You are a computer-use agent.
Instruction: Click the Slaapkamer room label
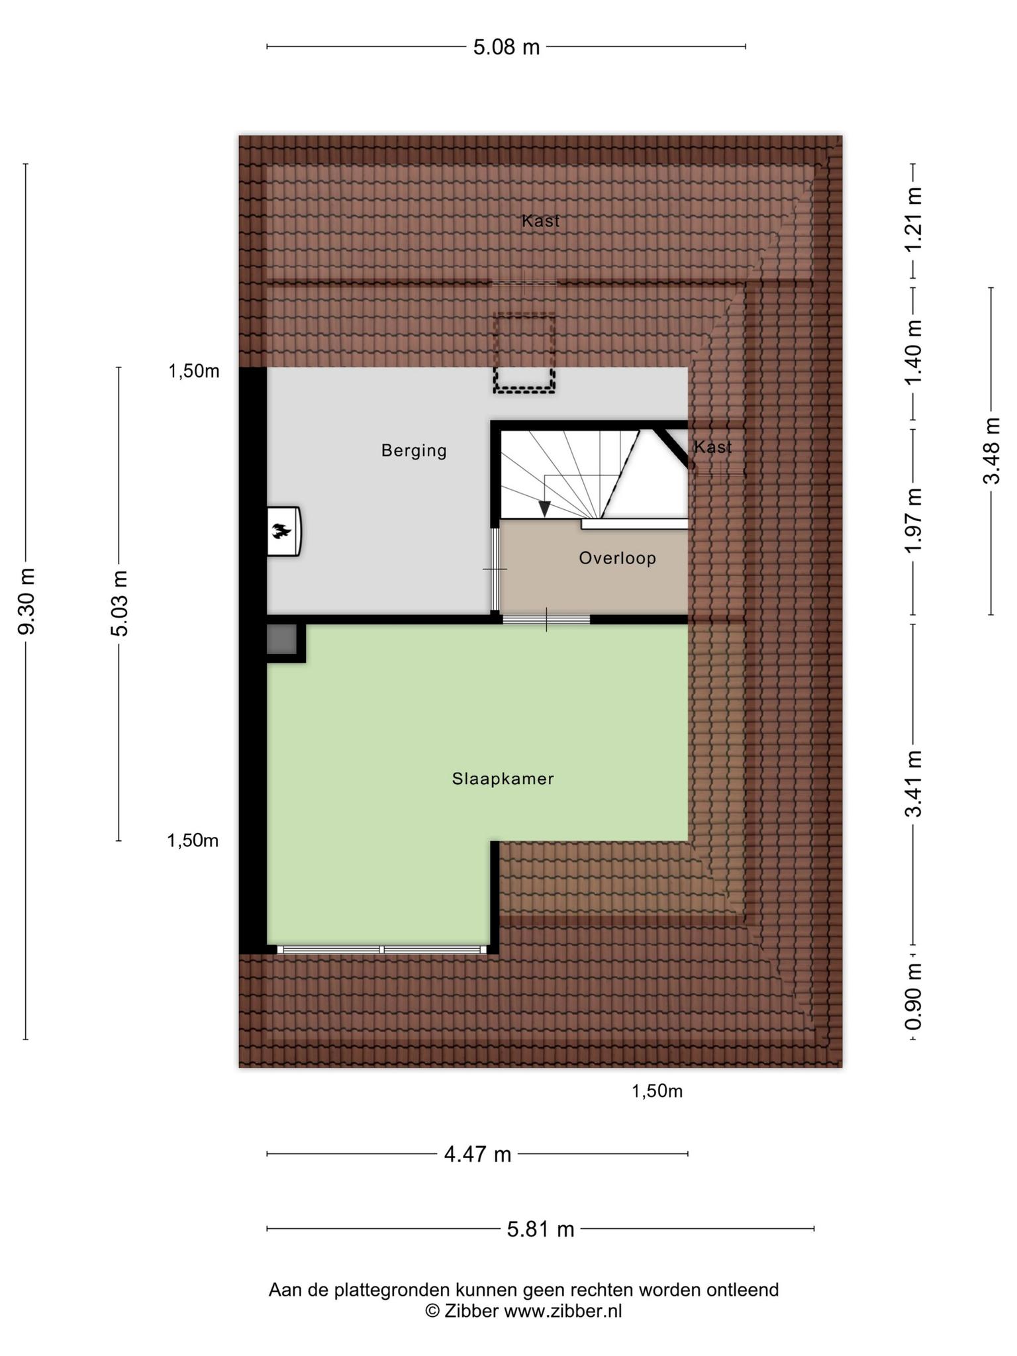pos(503,779)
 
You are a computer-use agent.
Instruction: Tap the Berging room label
pos(414,451)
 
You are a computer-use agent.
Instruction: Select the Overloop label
pos(618,558)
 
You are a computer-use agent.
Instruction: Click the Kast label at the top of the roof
pos(541,221)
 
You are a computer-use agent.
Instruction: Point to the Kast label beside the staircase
pos(713,448)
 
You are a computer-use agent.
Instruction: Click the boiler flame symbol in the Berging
pos(281,530)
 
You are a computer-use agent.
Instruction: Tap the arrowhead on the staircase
pos(544,508)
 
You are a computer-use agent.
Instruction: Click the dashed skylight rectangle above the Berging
pos(524,354)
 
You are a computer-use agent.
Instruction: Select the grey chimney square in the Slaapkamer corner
pos(281,640)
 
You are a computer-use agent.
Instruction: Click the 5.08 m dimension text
pos(507,47)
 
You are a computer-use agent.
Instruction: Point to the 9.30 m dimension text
pos(26,601)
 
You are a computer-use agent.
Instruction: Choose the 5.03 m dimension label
pos(119,603)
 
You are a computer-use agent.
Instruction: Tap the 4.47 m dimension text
pos(477,1155)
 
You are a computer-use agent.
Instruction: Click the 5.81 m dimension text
pos(540,1230)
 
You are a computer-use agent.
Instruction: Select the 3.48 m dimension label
pos(991,451)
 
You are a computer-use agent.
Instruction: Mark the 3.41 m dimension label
pos(914,785)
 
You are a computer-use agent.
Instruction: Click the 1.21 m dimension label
pos(914,219)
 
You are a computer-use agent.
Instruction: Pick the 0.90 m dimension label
pos(914,997)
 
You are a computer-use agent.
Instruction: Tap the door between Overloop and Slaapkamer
pos(546,620)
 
